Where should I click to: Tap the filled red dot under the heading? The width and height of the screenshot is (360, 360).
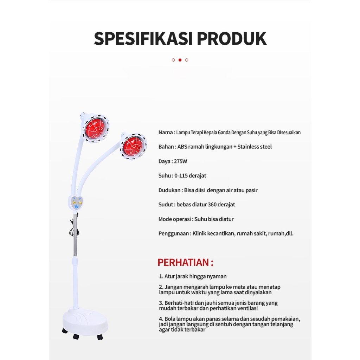coord(180,60)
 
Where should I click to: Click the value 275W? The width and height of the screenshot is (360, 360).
coord(180,161)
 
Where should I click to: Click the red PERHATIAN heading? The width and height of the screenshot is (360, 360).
coord(185,263)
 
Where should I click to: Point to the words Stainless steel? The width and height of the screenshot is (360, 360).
coord(255,147)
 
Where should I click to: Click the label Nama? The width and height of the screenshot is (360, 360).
coord(165,133)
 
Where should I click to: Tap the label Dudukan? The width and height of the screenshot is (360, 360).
coord(169,190)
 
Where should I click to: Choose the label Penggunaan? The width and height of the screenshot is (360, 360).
coord(174,233)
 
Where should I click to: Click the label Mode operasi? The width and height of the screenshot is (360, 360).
coord(174,219)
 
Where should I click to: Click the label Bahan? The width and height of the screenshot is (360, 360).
coord(166,147)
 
